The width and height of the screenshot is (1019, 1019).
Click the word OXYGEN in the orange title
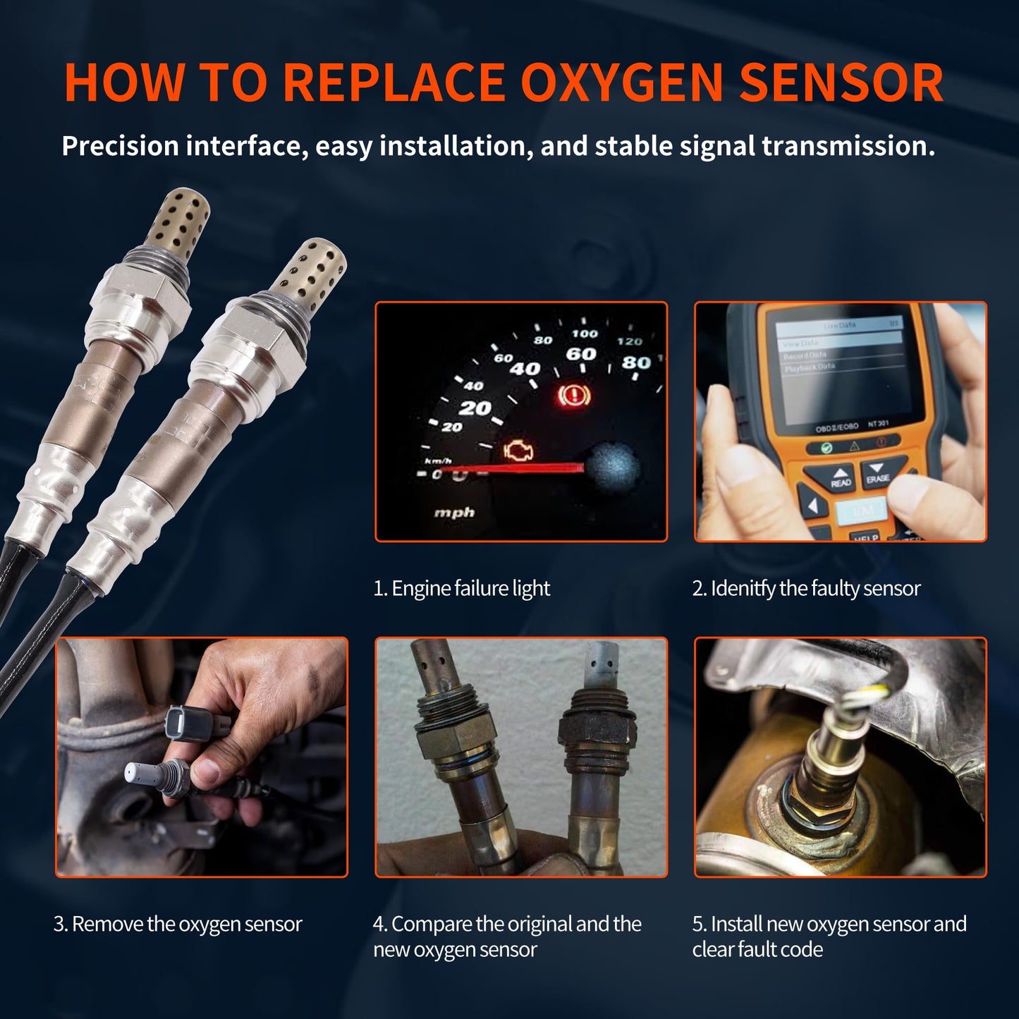tap(621, 83)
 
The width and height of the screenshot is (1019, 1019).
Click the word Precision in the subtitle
tap(120, 146)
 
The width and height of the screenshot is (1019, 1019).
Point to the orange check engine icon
tap(519, 451)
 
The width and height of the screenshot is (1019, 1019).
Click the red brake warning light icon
tap(573, 396)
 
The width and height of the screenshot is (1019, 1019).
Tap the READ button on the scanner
tap(841, 478)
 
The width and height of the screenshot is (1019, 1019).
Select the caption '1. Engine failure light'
tap(461, 588)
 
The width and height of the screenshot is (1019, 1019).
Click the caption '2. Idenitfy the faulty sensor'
tap(806, 588)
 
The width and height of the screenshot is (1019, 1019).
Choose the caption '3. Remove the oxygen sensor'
tap(178, 924)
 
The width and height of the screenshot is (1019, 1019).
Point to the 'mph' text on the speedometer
tap(454, 513)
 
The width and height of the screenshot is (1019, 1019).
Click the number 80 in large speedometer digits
tap(635, 362)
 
